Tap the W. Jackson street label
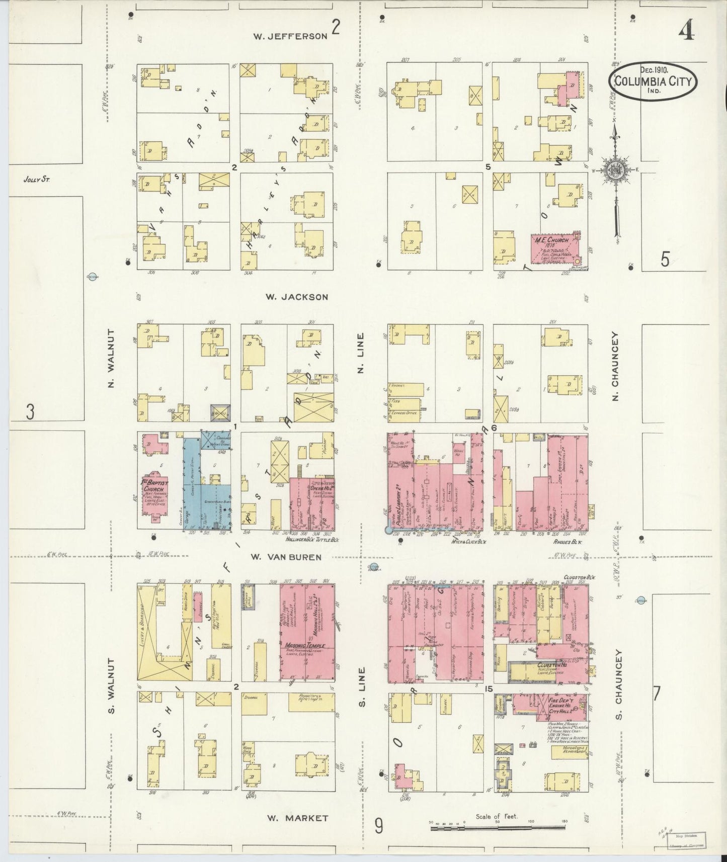(297, 297)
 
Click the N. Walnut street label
(112, 359)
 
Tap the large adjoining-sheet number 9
(378, 825)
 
